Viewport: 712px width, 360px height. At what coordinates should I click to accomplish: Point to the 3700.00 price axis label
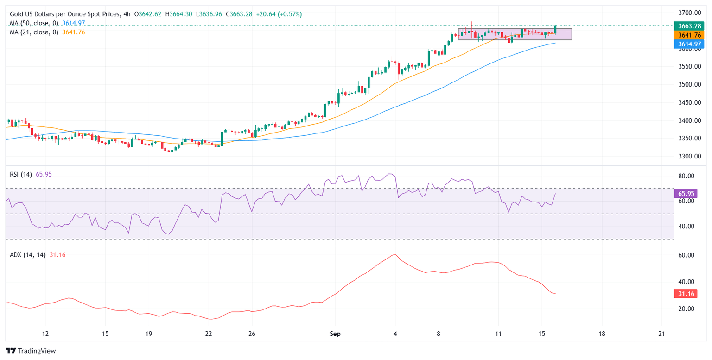(x=688, y=13)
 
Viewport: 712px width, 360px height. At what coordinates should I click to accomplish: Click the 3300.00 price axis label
(x=688, y=156)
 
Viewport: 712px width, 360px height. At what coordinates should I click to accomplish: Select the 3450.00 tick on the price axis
(x=688, y=102)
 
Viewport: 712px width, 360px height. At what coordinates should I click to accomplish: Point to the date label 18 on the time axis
(x=602, y=334)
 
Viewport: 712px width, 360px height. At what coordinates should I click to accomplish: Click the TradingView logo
(x=31, y=351)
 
